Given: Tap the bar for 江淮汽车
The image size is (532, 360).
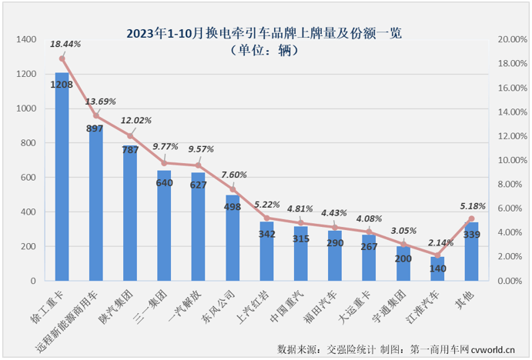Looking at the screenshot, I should pos(437,269).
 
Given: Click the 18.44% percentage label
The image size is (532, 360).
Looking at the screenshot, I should pos(65,45).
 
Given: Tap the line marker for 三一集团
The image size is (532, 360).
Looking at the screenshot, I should pos(164,162).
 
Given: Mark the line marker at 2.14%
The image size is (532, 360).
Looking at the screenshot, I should pos(437,255).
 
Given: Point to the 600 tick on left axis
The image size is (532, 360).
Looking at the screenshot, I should pos(30,178).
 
